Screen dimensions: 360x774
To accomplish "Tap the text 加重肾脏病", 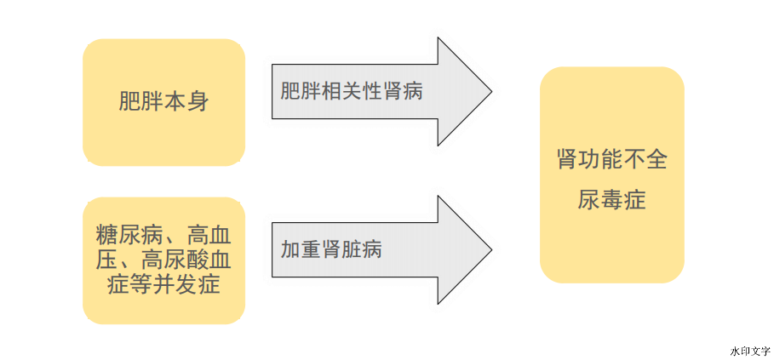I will pyautogui.click(x=331, y=250).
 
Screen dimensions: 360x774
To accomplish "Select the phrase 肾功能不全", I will pyautogui.click(x=611, y=160).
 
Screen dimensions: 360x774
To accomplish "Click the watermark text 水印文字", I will pyautogui.click(x=749, y=351).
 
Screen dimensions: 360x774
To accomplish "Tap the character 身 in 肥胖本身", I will pyautogui.click(x=198, y=102).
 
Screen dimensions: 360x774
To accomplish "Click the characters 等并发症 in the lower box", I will pyautogui.click(x=175, y=283).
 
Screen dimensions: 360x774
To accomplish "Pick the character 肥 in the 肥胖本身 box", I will pyautogui.click(x=129, y=102).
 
